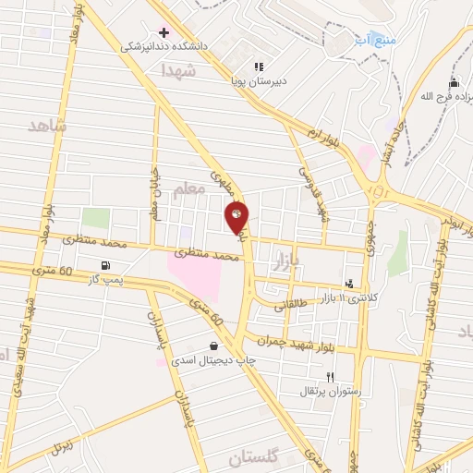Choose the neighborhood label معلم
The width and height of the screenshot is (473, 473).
[188, 191]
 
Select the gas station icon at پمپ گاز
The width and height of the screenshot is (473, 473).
[103, 266]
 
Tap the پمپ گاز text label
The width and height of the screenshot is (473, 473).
[103, 280]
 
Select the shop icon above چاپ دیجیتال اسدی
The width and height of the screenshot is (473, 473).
[214, 347]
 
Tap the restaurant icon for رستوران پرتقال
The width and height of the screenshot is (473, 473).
[330, 376]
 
